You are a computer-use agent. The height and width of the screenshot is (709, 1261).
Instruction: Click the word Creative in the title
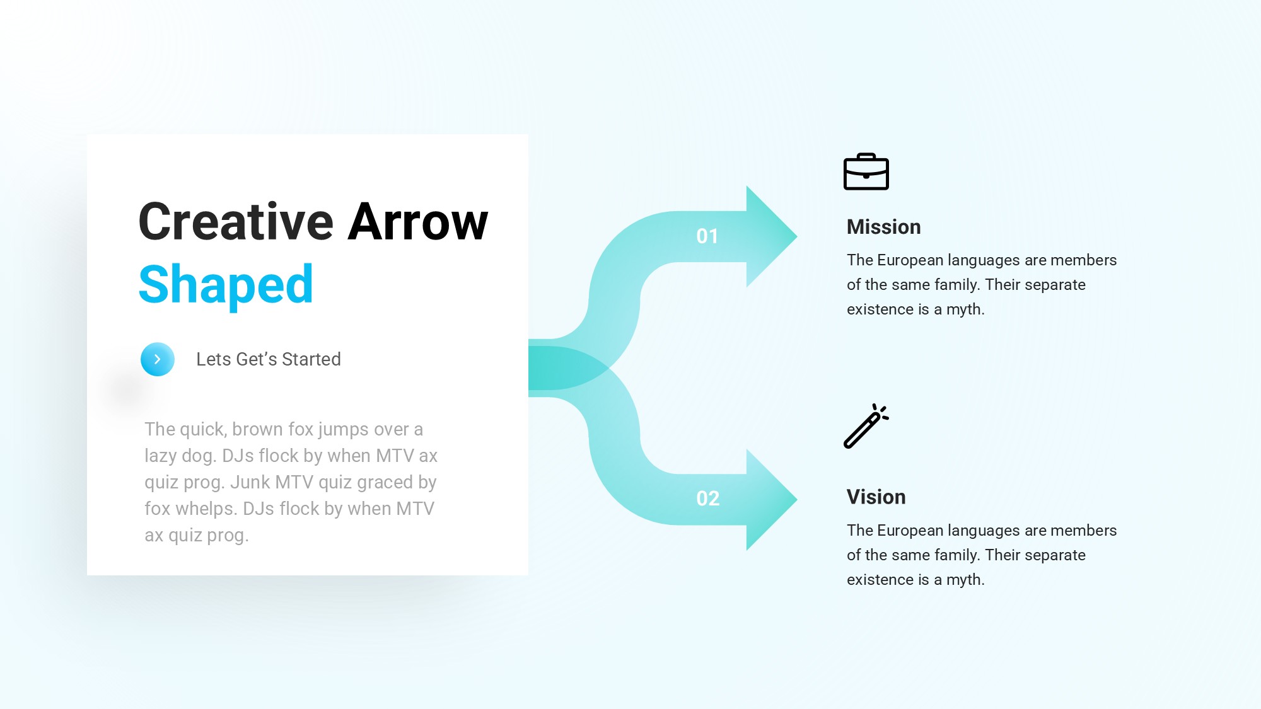[236, 221]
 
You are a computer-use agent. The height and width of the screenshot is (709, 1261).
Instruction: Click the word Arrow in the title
[418, 221]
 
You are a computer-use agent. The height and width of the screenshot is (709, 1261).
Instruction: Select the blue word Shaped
[226, 285]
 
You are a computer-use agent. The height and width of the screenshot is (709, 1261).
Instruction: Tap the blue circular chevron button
[158, 359]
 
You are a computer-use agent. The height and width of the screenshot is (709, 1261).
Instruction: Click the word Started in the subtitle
[311, 359]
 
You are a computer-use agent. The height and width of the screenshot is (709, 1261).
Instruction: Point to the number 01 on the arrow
[707, 236]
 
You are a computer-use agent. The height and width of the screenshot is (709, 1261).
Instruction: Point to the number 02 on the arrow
[708, 499]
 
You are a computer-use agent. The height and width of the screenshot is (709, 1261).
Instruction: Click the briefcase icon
[866, 171]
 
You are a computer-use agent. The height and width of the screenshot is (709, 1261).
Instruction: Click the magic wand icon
[866, 426]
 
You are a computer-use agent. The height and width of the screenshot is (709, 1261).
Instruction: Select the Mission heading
[884, 227]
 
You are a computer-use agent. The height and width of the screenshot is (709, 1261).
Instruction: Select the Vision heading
[876, 497]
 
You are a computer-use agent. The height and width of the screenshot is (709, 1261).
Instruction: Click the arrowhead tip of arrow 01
[797, 236]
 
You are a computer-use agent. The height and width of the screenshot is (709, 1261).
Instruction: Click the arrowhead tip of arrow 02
[797, 499]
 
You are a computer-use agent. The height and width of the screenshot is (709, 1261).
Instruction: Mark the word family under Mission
[957, 285]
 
